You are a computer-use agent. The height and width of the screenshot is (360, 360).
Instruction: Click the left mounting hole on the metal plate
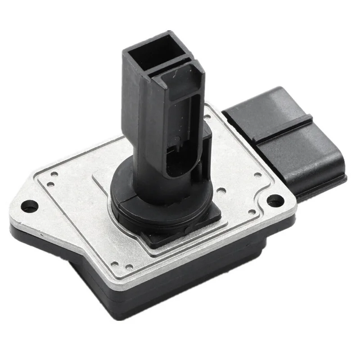pos(30,207)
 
